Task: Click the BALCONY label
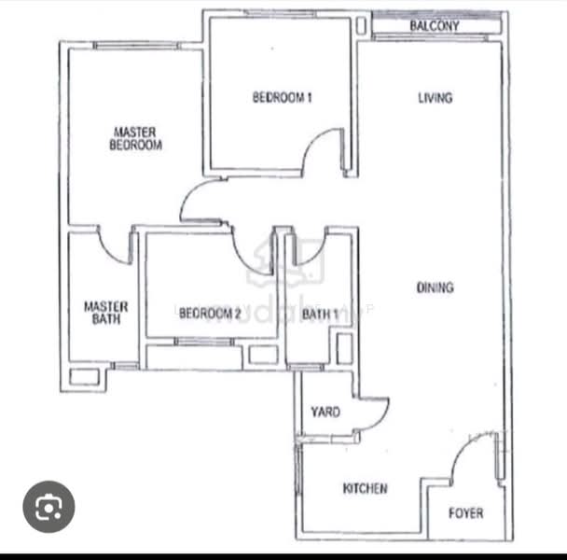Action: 435,26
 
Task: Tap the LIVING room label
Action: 435,98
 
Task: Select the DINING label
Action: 435,287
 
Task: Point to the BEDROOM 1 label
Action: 282,97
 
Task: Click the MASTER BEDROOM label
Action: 135,138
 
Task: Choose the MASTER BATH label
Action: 106,313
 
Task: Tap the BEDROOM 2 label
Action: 210,313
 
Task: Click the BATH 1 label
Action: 320,315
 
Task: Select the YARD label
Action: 325,412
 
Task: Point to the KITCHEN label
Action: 365,488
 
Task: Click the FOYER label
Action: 465,513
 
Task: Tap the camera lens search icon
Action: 48,507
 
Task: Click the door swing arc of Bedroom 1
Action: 312,142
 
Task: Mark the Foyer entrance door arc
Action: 463,448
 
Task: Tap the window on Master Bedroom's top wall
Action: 136,46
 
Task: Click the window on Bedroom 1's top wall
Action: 279,14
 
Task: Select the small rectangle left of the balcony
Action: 361,26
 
